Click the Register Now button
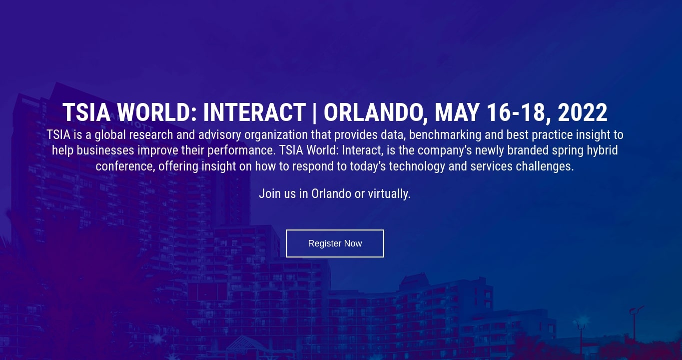pos(335,243)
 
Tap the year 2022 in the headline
pos(583,112)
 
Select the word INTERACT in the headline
pos(254,112)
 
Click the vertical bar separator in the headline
pos(314,112)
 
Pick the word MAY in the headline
pos(457,112)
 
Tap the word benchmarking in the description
pos(445,135)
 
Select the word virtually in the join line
pos(389,194)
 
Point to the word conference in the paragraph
pos(125,166)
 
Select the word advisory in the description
pos(220,135)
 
